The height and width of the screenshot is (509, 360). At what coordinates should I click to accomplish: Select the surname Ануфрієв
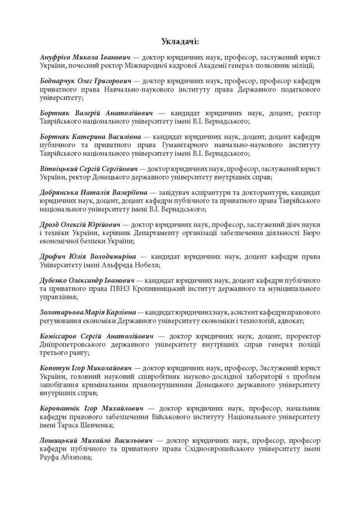click(57, 58)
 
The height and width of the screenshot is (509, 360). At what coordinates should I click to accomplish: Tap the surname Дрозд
click(50, 224)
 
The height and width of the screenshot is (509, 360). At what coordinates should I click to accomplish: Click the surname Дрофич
click(53, 256)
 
